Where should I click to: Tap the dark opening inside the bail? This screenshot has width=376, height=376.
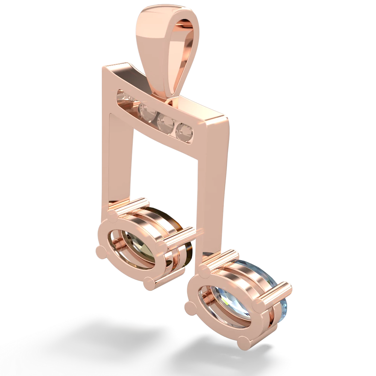tap(180, 56)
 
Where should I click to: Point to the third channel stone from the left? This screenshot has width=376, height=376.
tap(165, 121)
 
